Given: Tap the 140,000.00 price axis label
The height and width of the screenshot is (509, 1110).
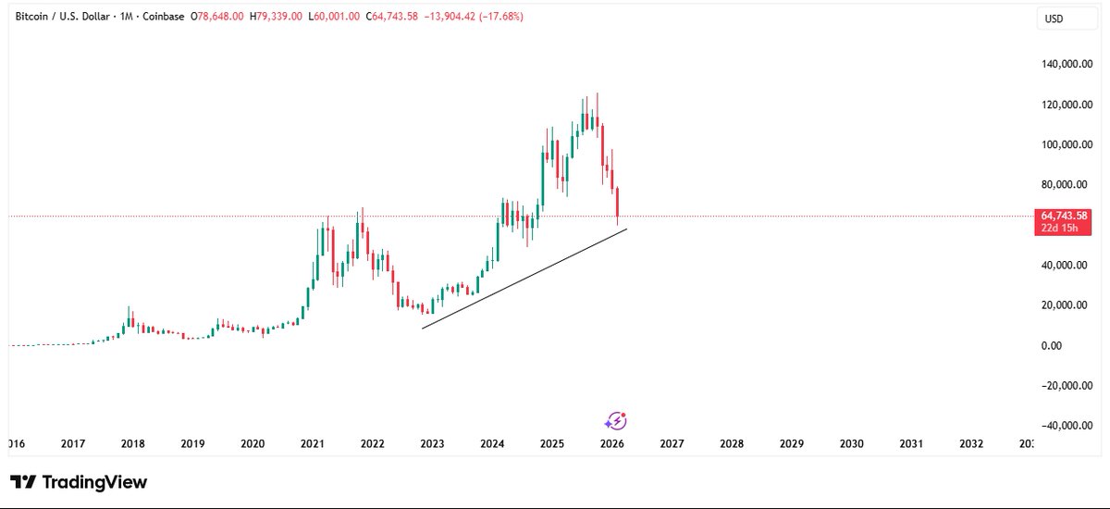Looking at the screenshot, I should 1067,65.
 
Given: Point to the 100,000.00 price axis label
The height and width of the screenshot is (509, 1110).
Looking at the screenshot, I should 1067,145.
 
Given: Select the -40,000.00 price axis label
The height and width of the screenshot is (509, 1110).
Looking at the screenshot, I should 1067,426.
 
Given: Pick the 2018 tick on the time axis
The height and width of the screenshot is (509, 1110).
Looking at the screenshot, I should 132,444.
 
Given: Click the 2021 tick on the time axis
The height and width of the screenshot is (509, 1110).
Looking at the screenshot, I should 312,444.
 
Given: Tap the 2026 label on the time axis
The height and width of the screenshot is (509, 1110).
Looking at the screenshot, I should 611,444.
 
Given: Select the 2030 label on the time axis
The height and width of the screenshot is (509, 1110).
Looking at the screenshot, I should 851,444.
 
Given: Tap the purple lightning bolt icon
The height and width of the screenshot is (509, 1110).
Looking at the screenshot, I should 615,422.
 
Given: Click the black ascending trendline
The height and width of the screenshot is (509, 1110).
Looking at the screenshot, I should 524,279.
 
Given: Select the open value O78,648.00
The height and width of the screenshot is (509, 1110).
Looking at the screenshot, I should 216,17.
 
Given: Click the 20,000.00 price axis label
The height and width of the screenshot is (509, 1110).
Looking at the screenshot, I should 1067,305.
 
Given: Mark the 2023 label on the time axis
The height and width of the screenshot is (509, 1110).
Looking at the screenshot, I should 432,444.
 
